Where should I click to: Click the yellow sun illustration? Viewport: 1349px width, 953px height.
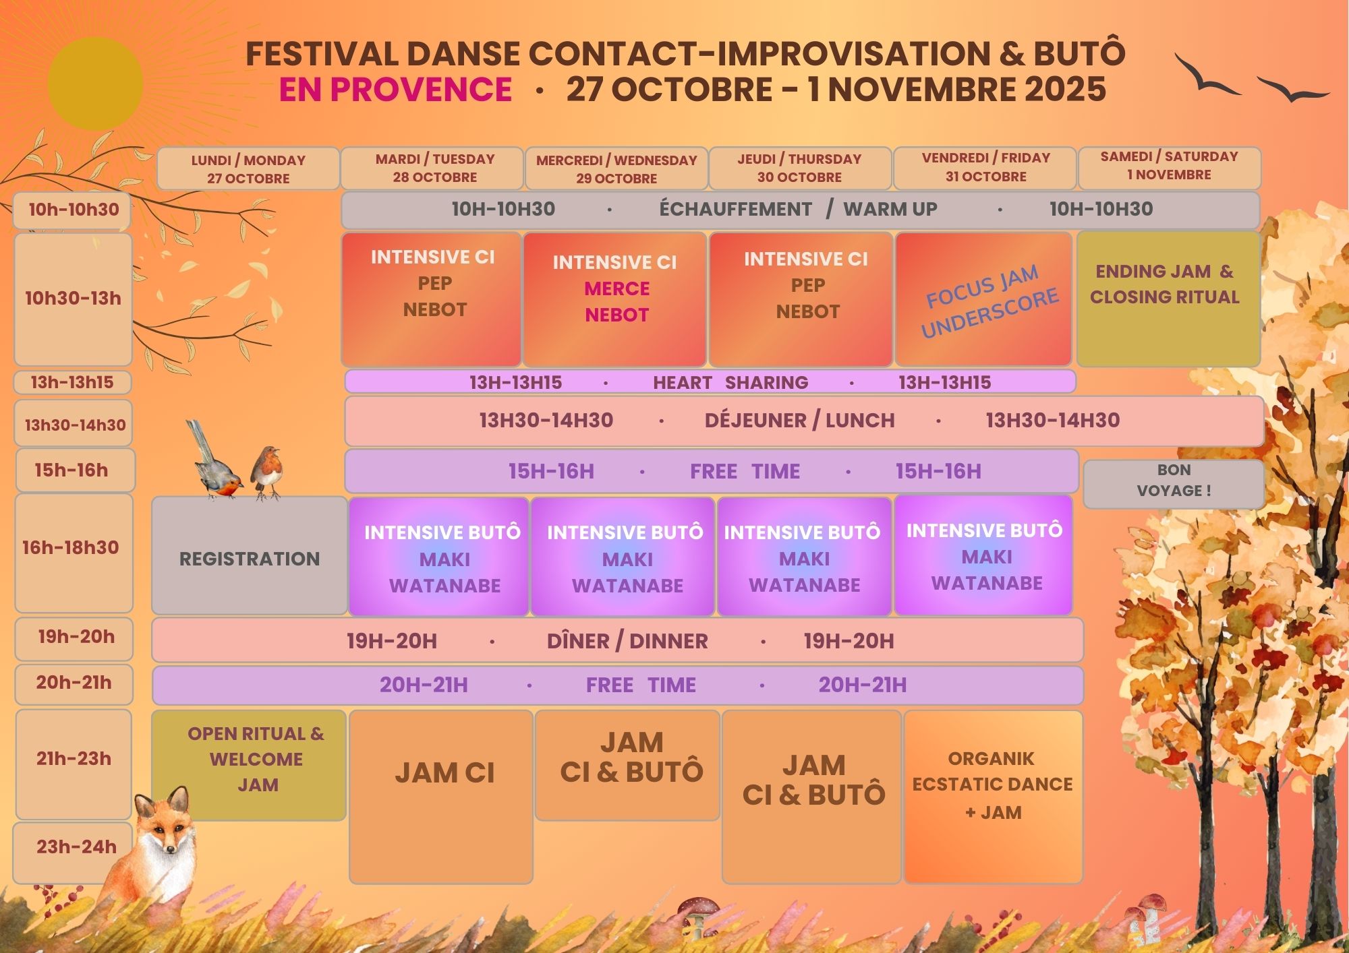click(x=95, y=84)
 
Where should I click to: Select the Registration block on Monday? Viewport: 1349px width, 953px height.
click(x=250, y=556)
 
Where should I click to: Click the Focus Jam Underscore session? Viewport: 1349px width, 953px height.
click(x=983, y=299)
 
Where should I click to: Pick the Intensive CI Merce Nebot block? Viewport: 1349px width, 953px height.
click(x=614, y=299)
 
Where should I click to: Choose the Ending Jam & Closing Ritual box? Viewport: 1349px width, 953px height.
click(x=1168, y=299)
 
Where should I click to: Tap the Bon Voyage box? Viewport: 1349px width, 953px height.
click(x=1174, y=484)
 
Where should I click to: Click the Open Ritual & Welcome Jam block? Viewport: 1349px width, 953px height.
click(x=249, y=765)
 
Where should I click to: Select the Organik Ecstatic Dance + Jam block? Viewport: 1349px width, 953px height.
click(x=993, y=796)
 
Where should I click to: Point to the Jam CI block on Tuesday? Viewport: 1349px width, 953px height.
click(x=441, y=796)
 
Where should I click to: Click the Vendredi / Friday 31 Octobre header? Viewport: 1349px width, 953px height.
click(x=985, y=168)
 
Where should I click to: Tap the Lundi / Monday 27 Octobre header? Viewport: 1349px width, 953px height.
click(x=248, y=168)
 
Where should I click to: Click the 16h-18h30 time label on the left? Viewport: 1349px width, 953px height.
click(x=71, y=547)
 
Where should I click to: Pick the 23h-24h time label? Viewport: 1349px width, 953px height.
click(x=76, y=847)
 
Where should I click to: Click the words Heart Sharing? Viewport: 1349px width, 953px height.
click(x=730, y=383)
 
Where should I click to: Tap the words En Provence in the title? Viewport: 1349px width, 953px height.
click(x=396, y=90)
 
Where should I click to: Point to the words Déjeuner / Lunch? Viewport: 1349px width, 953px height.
click(x=799, y=421)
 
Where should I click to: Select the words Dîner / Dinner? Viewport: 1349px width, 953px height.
click(x=627, y=641)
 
